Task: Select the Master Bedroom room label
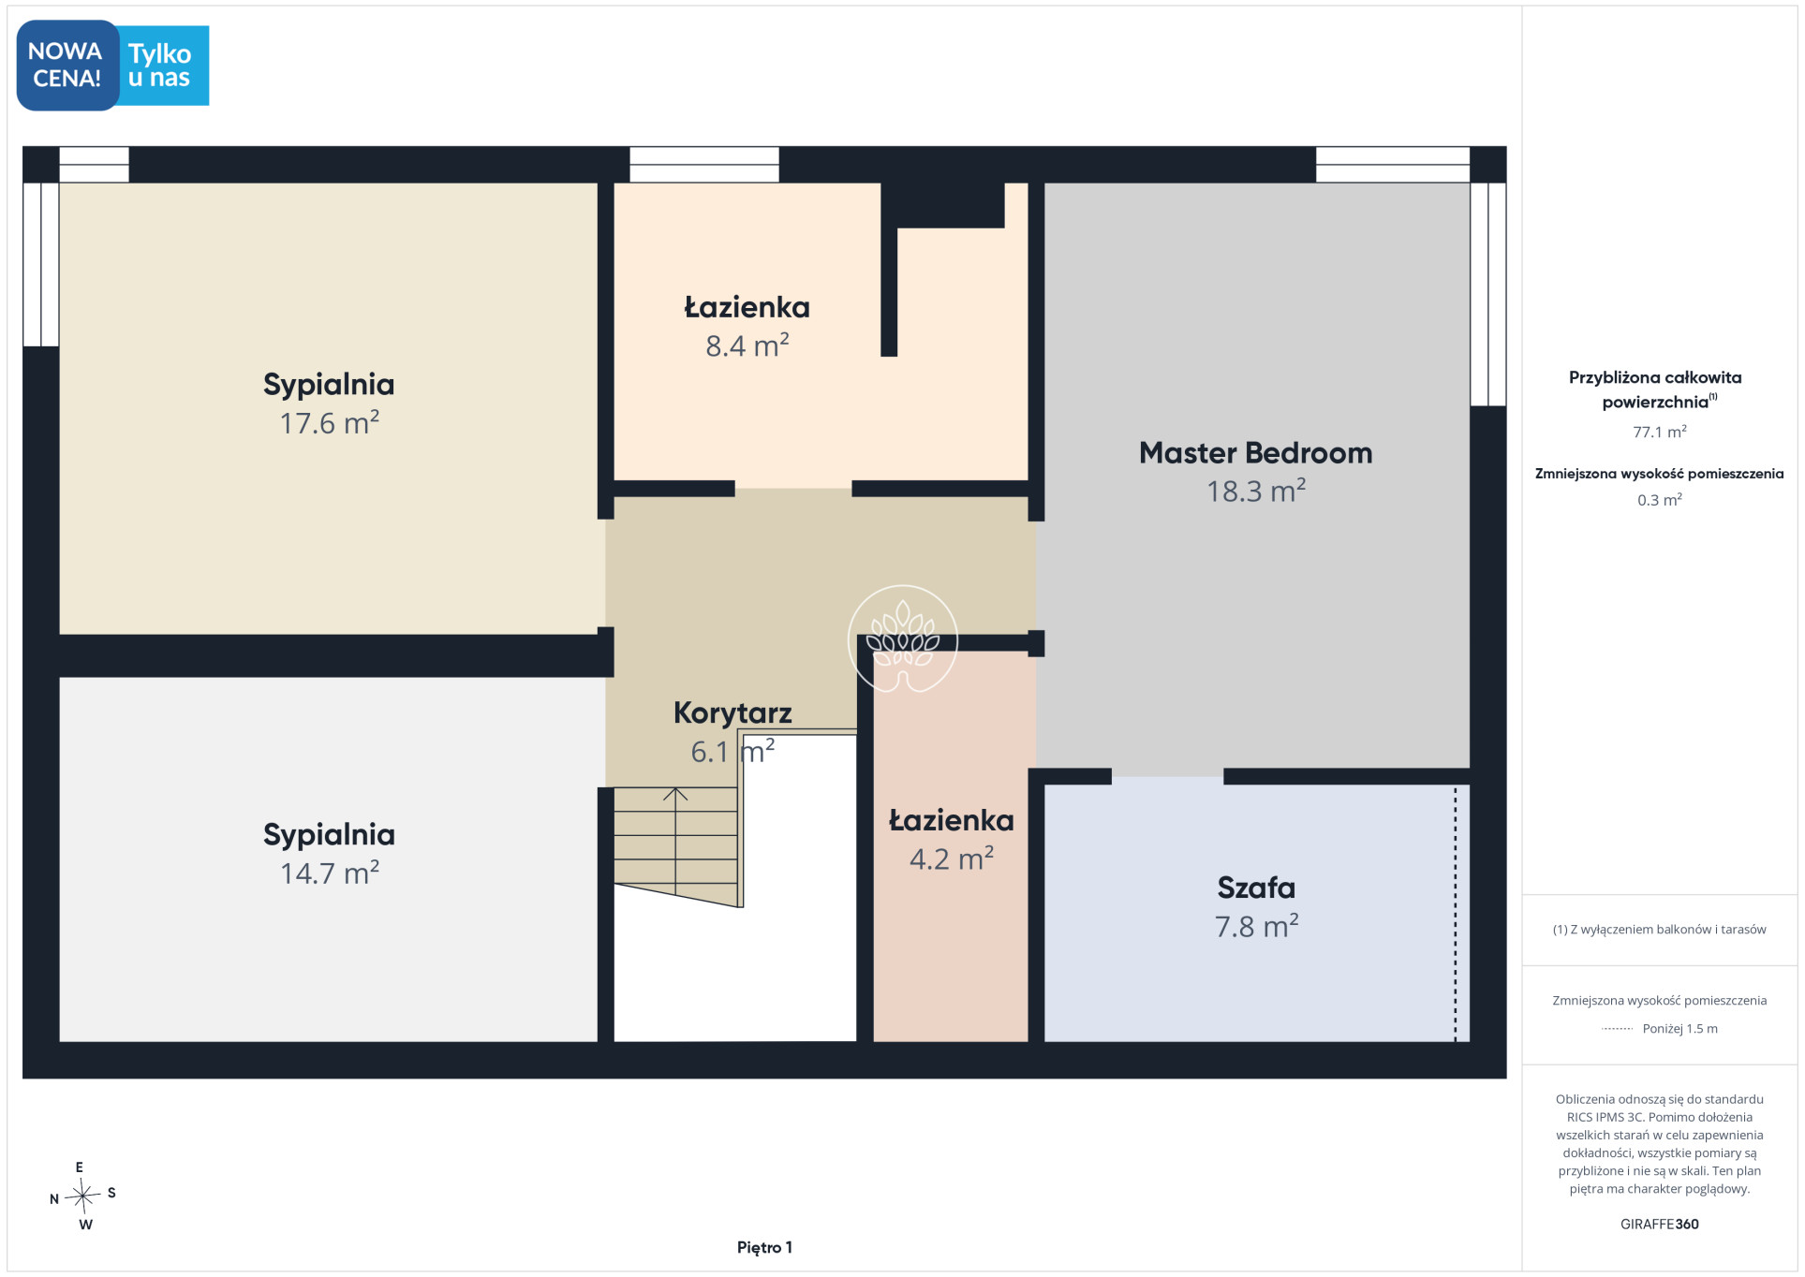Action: click(x=1255, y=453)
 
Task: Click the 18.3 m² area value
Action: click(x=1255, y=491)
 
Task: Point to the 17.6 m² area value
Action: click(x=329, y=422)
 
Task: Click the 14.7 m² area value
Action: click(x=329, y=873)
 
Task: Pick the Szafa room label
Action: click(x=1256, y=888)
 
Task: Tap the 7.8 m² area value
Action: click(x=1256, y=926)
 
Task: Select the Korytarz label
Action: click(x=732, y=713)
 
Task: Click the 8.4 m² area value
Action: click(x=747, y=345)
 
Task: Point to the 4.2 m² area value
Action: click(x=951, y=859)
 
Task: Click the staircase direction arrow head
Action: click(x=675, y=794)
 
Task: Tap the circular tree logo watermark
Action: click(x=902, y=639)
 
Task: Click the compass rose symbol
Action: click(x=83, y=1195)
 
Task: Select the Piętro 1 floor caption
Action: click(x=764, y=1247)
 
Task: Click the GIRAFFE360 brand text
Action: click(x=1659, y=1224)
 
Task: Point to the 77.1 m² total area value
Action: click(x=1659, y=432)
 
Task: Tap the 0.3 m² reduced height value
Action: click(x=1659, y=500)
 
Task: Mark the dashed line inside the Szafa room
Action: click(x=1455, y=914)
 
